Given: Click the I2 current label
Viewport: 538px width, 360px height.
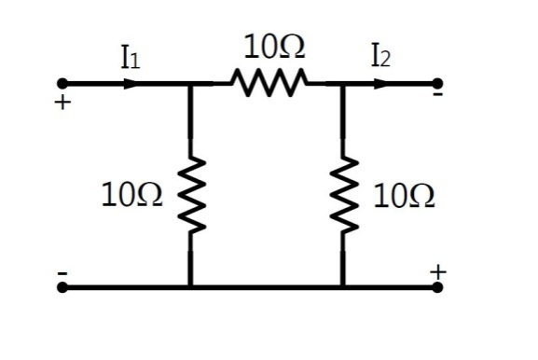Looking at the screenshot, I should (x=379, y=59).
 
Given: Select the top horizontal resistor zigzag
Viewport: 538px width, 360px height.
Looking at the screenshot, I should (x=269, y=84).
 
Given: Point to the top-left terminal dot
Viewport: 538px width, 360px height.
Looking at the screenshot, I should (x=62, y=84).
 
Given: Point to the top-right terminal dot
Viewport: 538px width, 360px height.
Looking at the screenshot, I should (x=437, y=84).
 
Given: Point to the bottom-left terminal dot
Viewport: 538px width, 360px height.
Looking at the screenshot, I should (x=62, y=287).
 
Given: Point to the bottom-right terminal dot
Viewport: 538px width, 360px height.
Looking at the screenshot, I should (x=437, y=287).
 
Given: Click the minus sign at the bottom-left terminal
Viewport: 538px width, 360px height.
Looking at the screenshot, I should (x=62, y=272).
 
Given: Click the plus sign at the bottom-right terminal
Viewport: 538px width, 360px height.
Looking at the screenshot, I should (x=438, y=271).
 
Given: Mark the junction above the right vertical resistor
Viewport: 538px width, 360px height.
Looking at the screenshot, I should (x=342, y=84).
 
